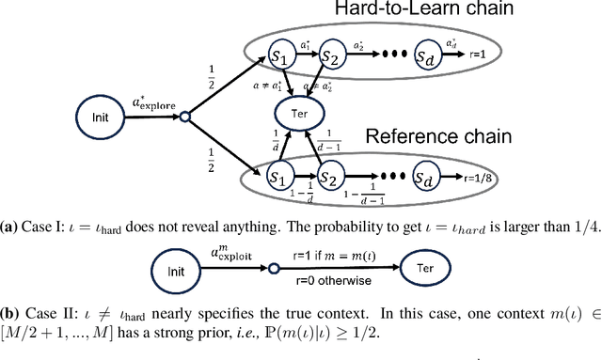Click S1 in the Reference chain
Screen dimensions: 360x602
[277, 176]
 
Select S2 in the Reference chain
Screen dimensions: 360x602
[329, 176]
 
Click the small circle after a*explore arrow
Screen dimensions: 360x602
[185, 117]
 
